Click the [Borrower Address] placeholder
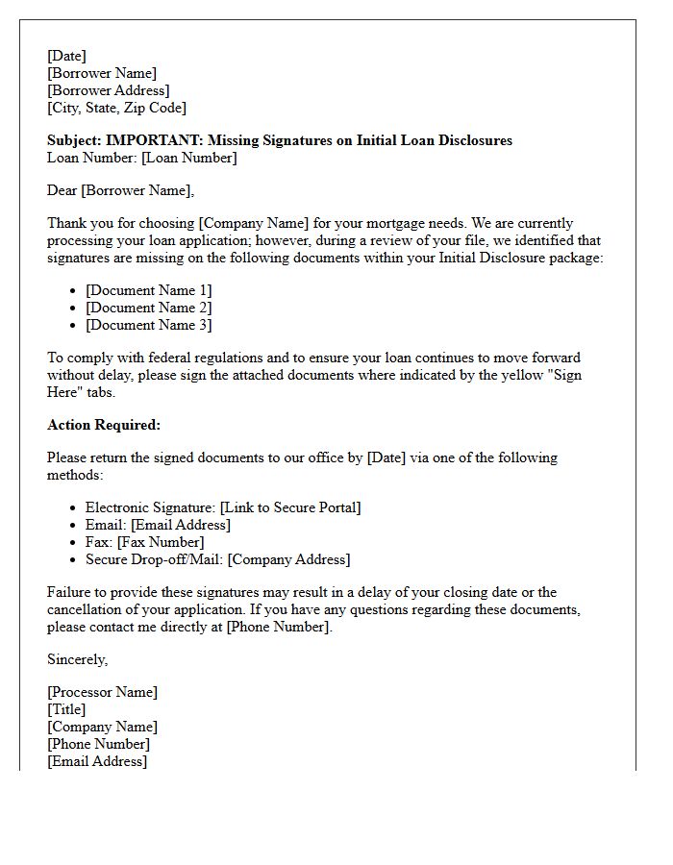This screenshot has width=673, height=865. (x=109, y=90)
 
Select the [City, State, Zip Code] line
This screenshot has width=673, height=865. (x=116, y=108)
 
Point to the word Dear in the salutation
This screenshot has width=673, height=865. (x=62, y=190)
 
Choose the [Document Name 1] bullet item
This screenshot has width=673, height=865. (x=148, y=290)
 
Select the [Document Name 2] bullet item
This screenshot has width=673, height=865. (x=148, y=308)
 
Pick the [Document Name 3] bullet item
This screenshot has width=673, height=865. (x=148, y=325)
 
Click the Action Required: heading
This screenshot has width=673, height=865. (x=104, y=425)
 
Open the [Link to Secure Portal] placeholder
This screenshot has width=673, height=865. (x=290, y=507)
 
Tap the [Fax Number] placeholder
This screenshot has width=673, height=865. (x=161, y=542)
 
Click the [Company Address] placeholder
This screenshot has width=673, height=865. (x=288, y=559)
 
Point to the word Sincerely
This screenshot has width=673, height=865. (x=78, y=659)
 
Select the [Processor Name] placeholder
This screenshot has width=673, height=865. (x=102, y=692)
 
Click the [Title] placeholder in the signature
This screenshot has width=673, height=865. (x=66, y=709)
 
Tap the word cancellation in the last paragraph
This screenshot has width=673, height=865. (x=88, y=609)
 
